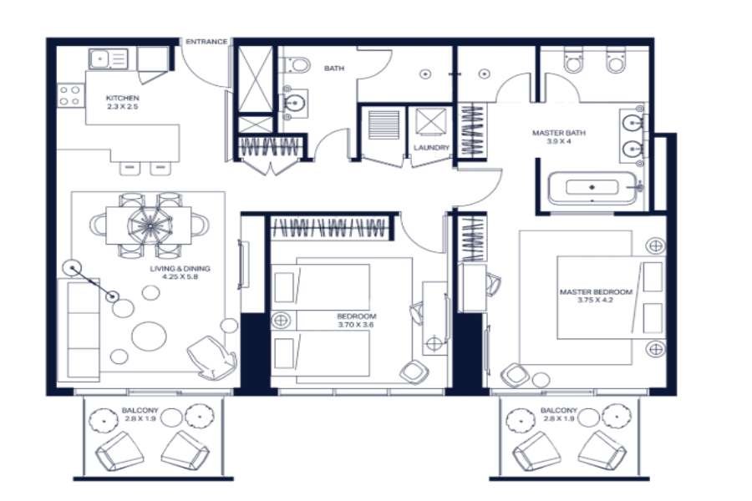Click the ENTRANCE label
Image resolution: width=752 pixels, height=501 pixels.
pyautogui.click(x=206, y=42)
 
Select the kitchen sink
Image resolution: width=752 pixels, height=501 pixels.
pyautogui.click(x=109, y=59)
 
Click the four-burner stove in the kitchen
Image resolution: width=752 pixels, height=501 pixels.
pyautogui.click(x=70, y=95)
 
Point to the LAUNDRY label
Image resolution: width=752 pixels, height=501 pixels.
pyautogui.click(x=431, y=148)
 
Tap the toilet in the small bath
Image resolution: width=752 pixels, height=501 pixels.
pyautogui.click(x=297, y=65)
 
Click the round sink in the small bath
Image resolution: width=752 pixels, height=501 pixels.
pyautogui.click(x=293, y=103)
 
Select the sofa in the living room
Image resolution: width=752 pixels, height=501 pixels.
pyautogui.click(x=79, y=329)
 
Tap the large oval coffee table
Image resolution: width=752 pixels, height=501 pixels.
pyautogui.click(x=150, y=336)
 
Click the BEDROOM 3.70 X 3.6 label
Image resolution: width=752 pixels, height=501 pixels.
pyautogui.click(x=356, y=321)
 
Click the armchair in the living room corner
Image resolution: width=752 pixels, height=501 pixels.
pyautogui.click(x=212, y=357)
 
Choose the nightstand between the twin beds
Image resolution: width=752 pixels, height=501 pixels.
pyautogui.click(x=281, y=320)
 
